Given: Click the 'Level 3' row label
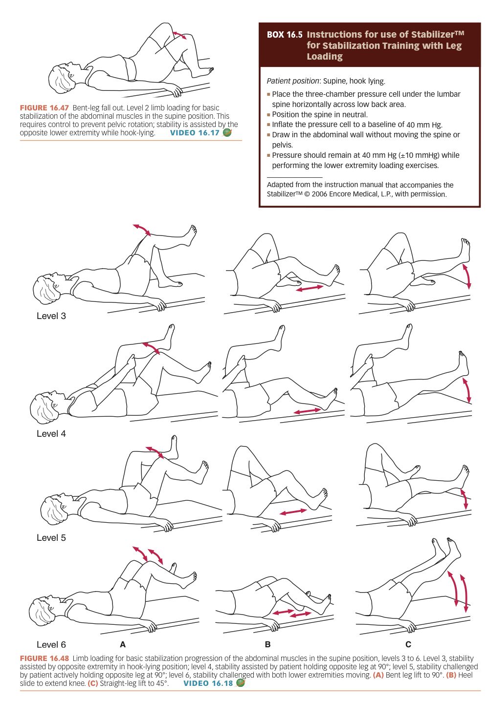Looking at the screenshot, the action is [x=51, y=316].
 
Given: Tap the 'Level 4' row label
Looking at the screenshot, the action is [x=51, y=433].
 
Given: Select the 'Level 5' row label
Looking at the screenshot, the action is [x=51, y=537].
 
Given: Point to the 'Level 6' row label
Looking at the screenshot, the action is [x=51, y=644].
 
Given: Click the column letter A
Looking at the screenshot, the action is [x=123, y=644].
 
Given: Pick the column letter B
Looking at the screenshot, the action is [x=267, y=644].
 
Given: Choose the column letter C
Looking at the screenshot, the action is [x=408, y=644].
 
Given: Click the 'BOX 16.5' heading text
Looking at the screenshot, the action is [x=285, y=35].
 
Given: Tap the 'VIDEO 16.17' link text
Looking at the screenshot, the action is [x=195, y=132].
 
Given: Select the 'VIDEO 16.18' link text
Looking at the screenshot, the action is [x=208, y=683].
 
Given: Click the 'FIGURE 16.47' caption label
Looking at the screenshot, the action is [x=44, y=108].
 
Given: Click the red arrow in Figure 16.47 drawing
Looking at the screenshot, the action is [x=179, y=35].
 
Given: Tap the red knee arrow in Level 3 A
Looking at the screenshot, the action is [x=142, y=230].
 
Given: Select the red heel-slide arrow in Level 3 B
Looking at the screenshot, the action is [x=310, y=288].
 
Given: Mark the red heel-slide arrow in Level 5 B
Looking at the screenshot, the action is [x=293, y=511].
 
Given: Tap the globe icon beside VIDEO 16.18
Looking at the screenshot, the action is [x=240, y=683].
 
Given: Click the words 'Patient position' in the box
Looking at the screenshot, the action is [x=292, y=81].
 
